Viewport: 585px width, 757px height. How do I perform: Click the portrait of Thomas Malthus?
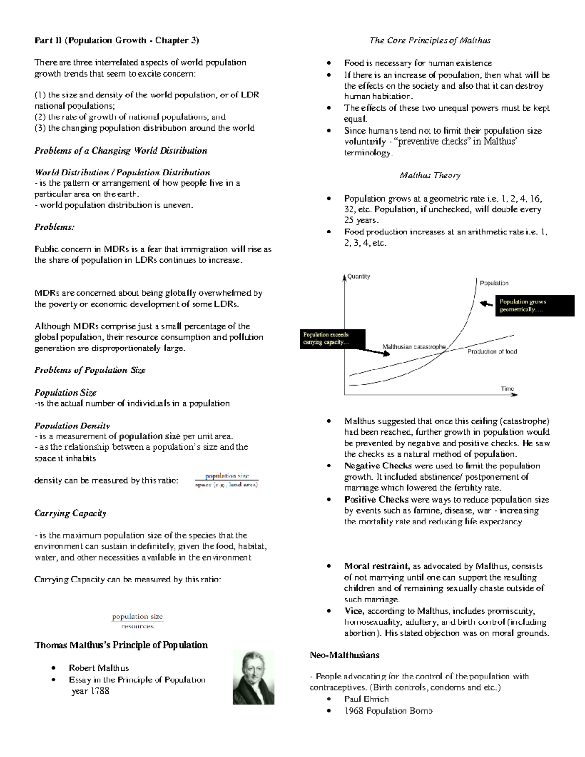[x=253, y=677]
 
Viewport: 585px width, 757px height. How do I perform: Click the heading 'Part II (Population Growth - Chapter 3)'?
[x=117, y=40]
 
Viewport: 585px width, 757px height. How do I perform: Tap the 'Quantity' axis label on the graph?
[x=358, y=276]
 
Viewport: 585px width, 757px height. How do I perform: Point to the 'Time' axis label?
[x=507, y=388]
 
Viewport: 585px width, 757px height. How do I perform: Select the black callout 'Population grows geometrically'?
[x=535, y=306]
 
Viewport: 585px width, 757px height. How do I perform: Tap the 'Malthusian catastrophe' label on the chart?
[x=413, y=347]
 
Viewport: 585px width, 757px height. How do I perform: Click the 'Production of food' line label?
[x=492, y=351]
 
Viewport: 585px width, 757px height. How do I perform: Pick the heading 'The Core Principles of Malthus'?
[x=429, y=40]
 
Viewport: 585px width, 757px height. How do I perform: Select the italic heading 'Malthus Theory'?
[x=429, y=175]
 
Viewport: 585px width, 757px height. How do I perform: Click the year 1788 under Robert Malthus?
[x=91, y=691]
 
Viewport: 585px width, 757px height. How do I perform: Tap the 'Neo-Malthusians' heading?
[x=344, y=655]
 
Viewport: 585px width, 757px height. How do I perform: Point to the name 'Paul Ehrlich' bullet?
[x=366, y=699]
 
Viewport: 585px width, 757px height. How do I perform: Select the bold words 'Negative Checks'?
[x=377, y=466]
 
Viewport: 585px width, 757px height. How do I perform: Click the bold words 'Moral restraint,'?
[x=377, y=566]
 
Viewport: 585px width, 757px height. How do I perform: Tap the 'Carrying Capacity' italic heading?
[x=70, y=513]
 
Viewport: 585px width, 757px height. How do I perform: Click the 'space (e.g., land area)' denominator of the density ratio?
[x=226, y=485]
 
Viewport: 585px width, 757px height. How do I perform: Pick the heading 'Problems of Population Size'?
[x=90, y=370]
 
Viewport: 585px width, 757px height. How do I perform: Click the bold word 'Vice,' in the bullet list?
[x=354, y=611]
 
